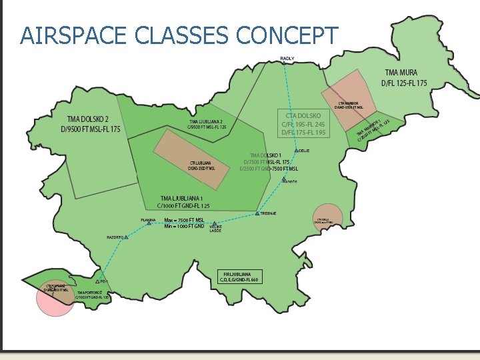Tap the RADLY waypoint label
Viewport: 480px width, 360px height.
[x=287, y=59]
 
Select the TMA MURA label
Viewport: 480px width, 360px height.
[x=405, y=78]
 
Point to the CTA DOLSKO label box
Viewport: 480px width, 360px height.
[x=303, y=124]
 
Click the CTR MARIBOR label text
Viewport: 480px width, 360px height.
[x=349, y=105]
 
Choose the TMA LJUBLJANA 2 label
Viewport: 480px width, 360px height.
[x=207, y=124]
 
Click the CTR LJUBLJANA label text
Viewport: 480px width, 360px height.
[x=200, y=165]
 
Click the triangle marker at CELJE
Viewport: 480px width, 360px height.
[x=297, y=150]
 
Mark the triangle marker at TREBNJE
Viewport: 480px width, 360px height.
[x=257, y=213]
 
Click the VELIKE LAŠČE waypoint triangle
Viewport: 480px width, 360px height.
[x=215, y=224]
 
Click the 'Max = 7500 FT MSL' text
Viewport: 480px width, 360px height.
[x=184, y=220]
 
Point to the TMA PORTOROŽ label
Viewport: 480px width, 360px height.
[x=92, y=295]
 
